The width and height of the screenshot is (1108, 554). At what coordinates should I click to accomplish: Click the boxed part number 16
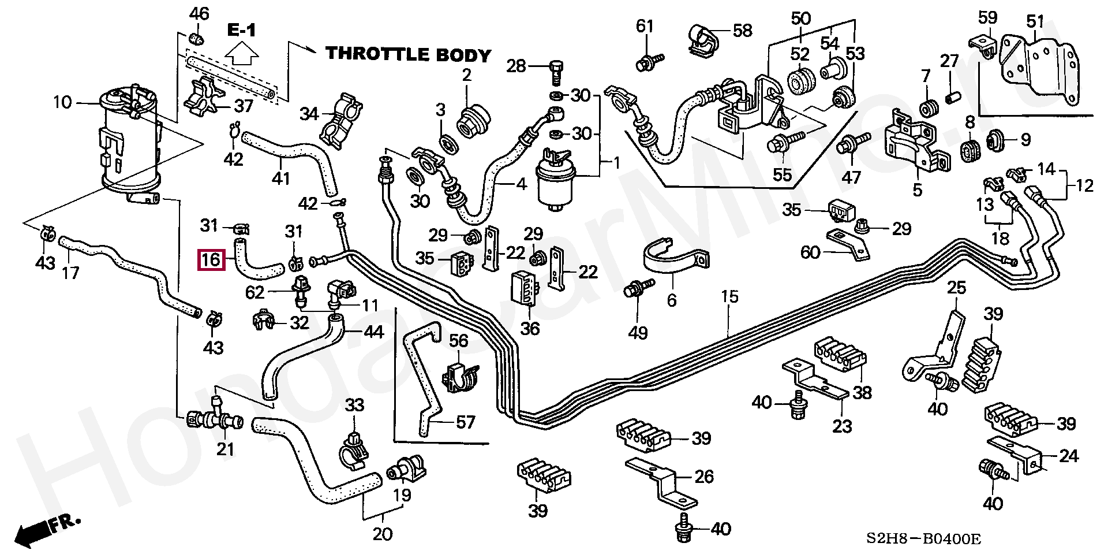211,259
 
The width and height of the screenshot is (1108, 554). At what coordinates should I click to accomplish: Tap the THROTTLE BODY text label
408,54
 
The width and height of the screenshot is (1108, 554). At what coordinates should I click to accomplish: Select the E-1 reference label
241,30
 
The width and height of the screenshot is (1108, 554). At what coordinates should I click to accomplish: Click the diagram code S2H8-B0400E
923,539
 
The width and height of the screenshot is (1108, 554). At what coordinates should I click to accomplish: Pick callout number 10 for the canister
62,103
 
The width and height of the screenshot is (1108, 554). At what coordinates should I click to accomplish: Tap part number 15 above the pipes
729,297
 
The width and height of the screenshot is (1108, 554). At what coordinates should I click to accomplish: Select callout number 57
465,422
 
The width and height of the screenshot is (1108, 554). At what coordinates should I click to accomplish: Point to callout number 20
382,534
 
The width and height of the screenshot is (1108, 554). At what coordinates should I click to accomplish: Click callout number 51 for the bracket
1035,22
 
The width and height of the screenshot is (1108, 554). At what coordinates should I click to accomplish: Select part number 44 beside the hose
373,332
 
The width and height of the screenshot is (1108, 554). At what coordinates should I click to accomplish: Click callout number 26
703,477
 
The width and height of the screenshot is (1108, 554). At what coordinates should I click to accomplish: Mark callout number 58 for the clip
742,30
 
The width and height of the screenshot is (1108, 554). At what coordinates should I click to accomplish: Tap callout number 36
530,328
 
